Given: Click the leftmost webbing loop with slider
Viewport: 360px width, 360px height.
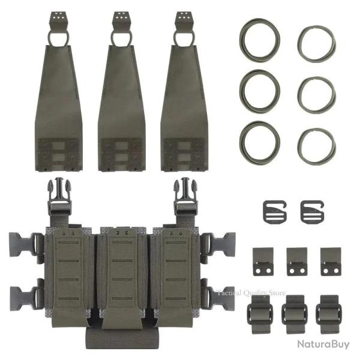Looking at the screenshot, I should coord(259,311).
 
